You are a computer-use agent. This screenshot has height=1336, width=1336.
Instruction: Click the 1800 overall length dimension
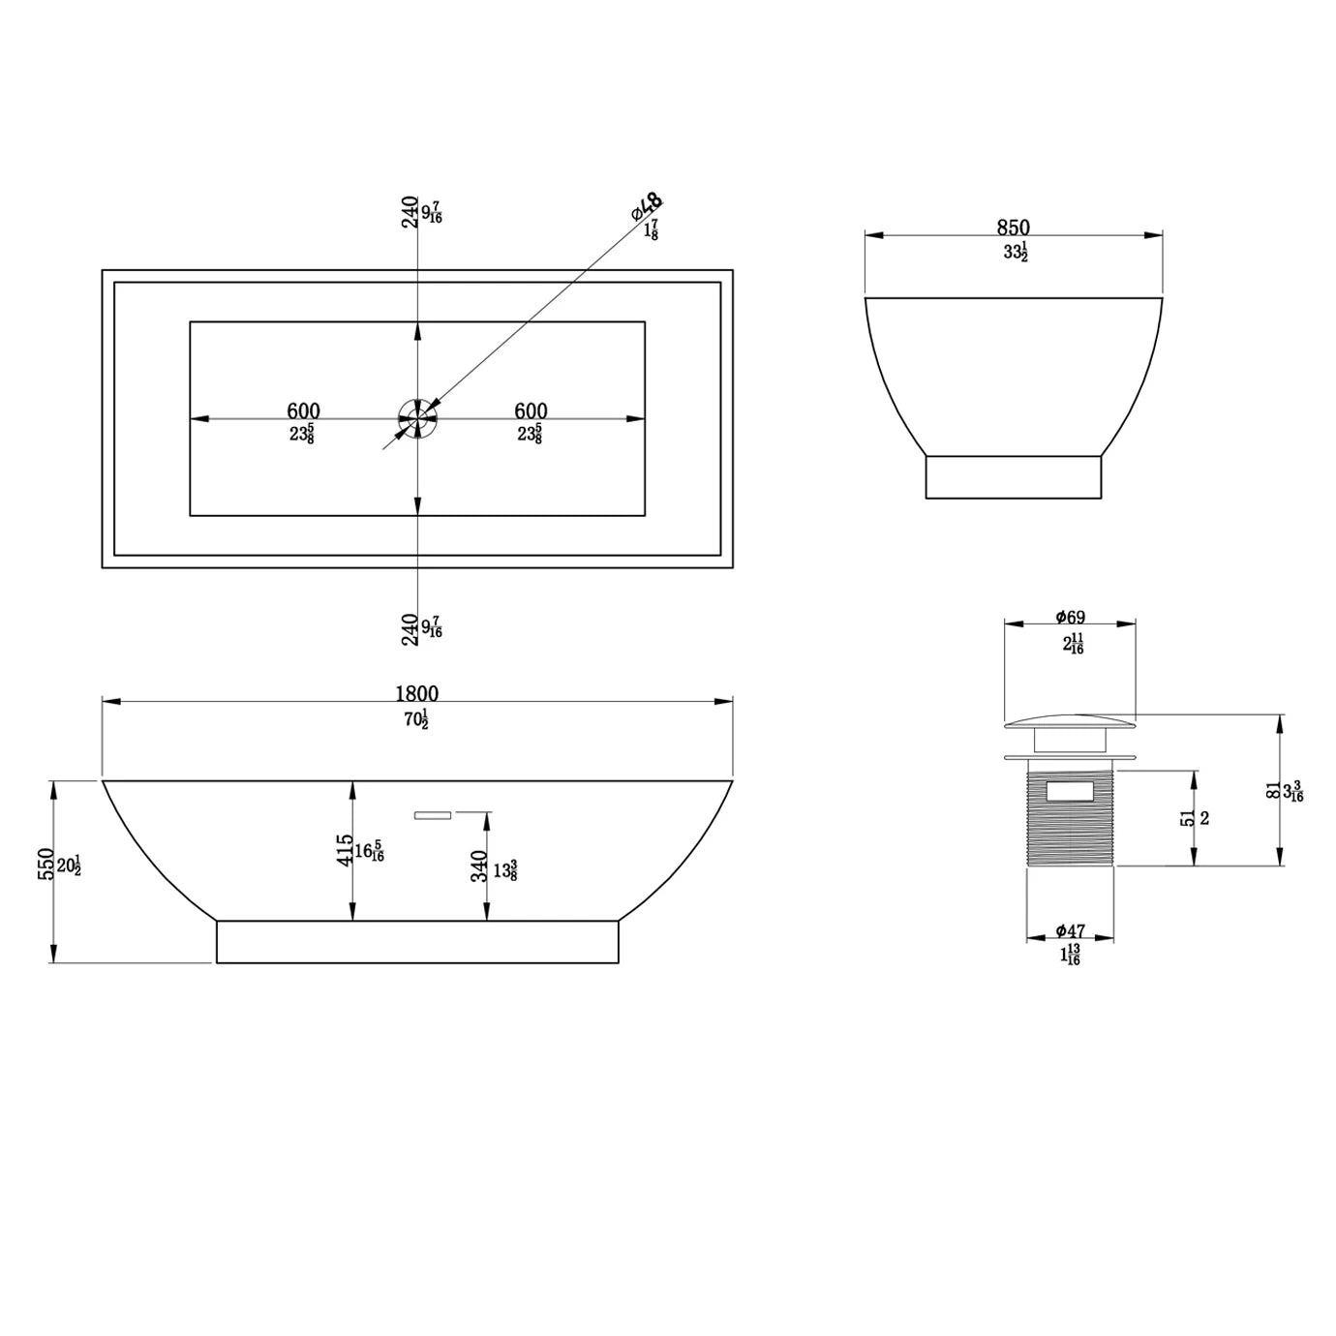pyautogui.click(x=416, y=693)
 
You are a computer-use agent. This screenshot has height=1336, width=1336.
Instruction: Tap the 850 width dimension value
pyautogui.click(x=1013, y=228)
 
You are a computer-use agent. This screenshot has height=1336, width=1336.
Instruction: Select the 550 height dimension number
pyautogui.click(x=46, y=864)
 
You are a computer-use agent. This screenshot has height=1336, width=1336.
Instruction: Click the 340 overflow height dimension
pyautogui.click(x=479, y=865)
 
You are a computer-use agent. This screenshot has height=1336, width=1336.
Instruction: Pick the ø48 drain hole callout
pyautogui.click(x=647, y=206)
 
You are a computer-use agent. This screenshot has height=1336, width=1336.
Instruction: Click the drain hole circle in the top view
pyautogui.click(x=417, y=418)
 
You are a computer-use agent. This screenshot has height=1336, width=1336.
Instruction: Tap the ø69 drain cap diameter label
pyautogui.click(x=1071, y=617)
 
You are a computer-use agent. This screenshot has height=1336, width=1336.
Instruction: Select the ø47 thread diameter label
pyautogui.click(x=1071, y=931)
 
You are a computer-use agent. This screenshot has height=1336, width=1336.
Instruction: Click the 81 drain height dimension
pyautogui.click(x=1272, y=790)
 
